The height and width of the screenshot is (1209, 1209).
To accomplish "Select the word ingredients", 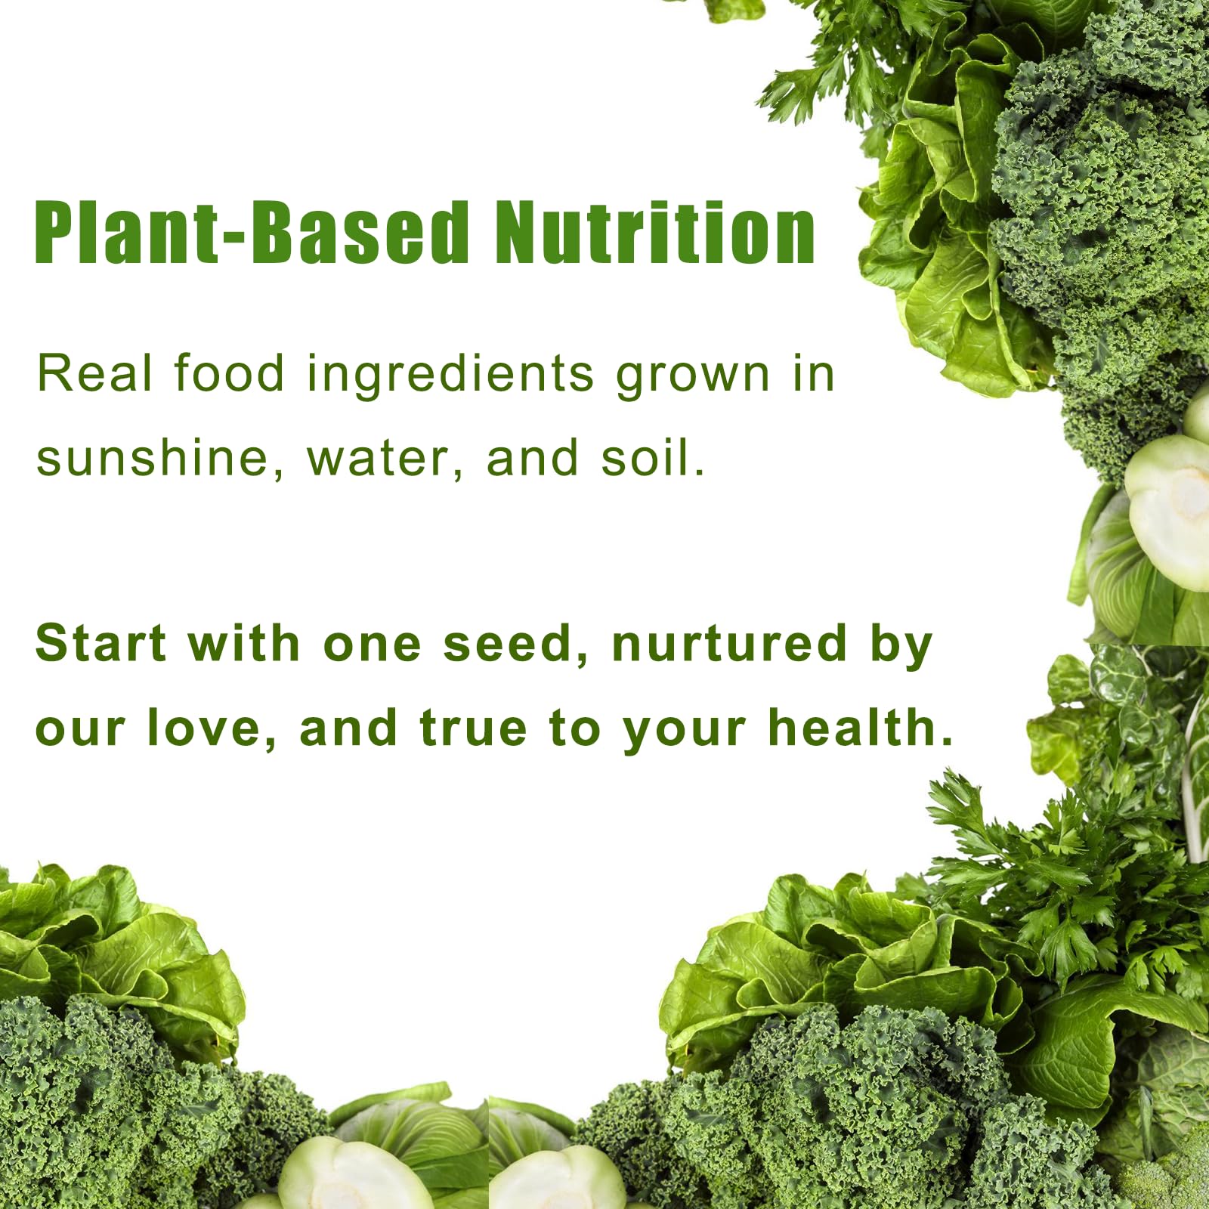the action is point(450,376).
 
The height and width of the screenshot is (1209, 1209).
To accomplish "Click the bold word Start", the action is point(100,644).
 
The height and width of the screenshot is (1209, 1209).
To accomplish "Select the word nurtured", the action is point(729,644).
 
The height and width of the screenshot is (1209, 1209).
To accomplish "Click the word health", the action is point(861,728).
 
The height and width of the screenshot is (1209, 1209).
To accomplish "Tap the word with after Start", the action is point(244,644).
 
